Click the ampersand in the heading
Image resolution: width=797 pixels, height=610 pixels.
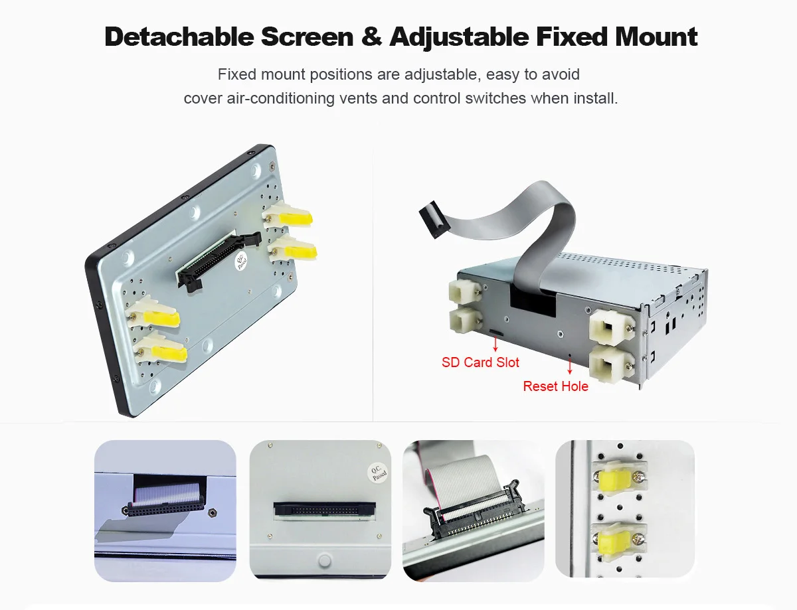[x=371, y=37]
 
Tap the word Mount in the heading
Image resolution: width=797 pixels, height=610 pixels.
[x=656, y=37]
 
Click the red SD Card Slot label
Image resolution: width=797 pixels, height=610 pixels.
[x=480, y=362]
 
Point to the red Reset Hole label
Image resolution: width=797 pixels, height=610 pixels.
[x=555, y=386]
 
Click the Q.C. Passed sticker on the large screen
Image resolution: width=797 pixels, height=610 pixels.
[x=240, y=261]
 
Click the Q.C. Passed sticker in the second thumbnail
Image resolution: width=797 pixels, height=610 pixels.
[x=378, y=473]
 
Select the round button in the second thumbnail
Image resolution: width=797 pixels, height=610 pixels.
[x=324, y=561]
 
